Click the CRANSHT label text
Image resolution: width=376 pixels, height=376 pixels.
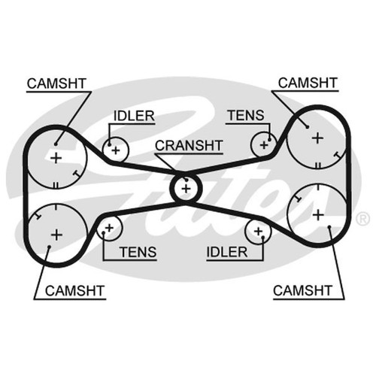point(189,145)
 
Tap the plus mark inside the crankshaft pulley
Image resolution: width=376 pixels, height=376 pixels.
point(186,189)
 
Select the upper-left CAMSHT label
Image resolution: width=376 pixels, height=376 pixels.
point(56,83)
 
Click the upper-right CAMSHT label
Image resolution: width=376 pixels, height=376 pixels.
point(308,83)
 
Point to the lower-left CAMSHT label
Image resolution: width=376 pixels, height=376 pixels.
point(74,291)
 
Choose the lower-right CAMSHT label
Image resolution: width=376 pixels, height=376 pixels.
point(302,291)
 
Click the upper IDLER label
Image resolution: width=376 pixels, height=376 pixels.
point(134,116)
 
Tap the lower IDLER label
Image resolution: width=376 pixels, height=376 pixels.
point(227,252)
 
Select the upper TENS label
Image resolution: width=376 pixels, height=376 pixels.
point(246,116)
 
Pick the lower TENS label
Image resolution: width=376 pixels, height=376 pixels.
point(138,252)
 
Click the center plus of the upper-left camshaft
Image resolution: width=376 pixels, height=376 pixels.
point(56,158)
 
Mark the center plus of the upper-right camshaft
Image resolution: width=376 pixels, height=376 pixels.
point(317,138)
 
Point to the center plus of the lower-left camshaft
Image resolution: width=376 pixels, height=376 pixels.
point(56,235)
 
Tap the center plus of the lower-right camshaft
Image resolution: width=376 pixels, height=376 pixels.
point(318,215)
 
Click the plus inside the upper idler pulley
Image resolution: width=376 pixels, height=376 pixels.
point(116,150)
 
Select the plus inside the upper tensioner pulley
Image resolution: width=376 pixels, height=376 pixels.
point(264,145)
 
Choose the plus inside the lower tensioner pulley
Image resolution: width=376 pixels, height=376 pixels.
point(109,228)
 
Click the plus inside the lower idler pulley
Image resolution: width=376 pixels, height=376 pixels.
point(258,231)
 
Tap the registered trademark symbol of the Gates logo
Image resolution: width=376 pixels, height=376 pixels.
point(362,218)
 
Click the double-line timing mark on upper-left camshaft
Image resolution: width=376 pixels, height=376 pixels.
point(56,186)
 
